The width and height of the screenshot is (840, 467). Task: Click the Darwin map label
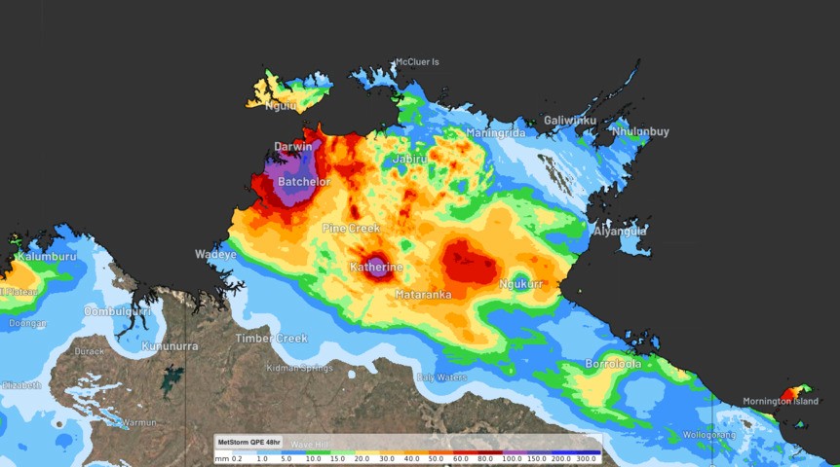pos(293,147)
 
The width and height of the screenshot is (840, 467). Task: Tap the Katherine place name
pos(376,267)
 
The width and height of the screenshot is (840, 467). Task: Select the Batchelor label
pos(304,182)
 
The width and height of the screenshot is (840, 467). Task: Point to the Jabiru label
pos(410,159)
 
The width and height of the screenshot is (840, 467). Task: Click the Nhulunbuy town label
pos(640,131)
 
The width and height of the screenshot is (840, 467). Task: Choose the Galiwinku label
pos(570,121)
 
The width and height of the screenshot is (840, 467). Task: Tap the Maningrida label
pos(495,133)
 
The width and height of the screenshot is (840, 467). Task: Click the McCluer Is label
pos(417,62)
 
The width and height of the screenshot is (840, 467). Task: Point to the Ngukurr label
pos(519,284)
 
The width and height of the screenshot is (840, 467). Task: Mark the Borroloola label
pos(613,364)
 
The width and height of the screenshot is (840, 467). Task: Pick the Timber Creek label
pos(271,339)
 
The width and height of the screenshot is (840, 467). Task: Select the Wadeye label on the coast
pos(215,255)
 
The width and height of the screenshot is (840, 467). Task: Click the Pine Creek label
pos(351,228)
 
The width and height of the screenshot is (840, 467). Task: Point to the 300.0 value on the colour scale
pos(588,456)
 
